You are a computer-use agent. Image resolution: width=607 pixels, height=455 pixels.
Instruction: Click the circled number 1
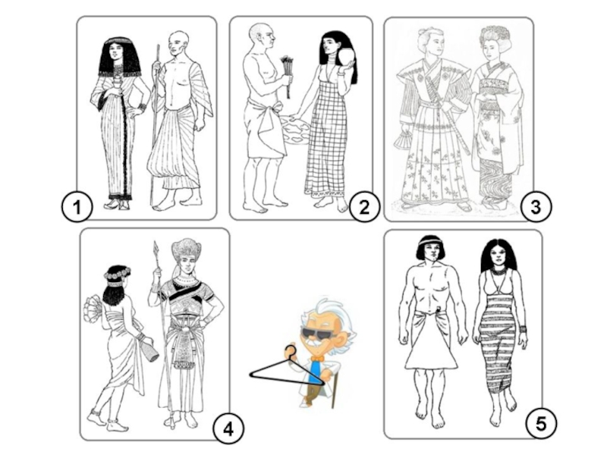[77, 206]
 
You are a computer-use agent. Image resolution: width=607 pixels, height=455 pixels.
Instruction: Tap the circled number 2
[364, 206]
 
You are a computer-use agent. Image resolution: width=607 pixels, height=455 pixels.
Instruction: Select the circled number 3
[536, 206]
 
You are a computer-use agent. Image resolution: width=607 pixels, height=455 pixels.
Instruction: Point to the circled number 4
[228, 428]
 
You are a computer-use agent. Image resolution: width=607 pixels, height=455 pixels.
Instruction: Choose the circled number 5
[541, 423]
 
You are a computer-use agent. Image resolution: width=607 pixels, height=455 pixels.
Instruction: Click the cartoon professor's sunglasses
[316, 333]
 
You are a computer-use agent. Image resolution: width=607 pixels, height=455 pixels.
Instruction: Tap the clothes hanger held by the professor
[287, 369]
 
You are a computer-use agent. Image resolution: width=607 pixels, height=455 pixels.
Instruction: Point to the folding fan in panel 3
[404, 141]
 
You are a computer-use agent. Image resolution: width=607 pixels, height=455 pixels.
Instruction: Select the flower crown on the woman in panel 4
[116, 275]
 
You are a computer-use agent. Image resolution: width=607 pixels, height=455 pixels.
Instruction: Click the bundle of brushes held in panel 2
[287, 74]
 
